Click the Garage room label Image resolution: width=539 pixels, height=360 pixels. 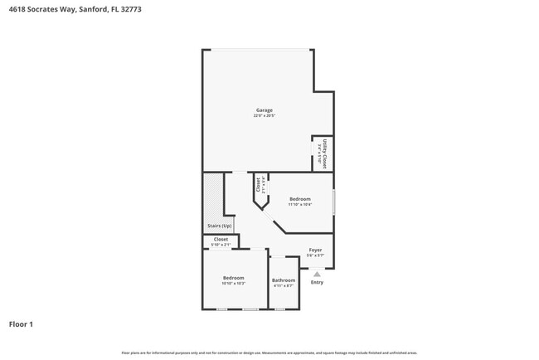pos(264,110)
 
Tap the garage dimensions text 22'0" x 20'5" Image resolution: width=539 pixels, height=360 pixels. pos(264,116)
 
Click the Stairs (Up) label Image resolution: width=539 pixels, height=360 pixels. pos(219,226)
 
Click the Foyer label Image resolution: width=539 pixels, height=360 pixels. pos(315,250)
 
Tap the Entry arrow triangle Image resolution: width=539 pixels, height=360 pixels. pos(317,273)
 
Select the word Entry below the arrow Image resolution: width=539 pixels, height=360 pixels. pos(317,282)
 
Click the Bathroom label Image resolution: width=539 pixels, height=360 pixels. pos(284,280)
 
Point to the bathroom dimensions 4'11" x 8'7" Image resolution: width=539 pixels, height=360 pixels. pos(284,286)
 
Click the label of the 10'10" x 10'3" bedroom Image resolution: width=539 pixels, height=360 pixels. pos(233,278)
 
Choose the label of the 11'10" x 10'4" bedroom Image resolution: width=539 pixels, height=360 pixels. pos(300,199)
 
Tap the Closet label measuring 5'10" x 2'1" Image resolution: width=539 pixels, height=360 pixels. pos(221,240)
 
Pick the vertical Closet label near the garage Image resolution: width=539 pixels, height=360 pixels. pos(259,184)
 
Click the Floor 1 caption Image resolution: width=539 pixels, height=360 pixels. pos(21,324)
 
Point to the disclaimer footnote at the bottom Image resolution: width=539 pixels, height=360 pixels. pos(269,353)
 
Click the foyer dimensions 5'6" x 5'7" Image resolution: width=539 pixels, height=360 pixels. pos(315,255)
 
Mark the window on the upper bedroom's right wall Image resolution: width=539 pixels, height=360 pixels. pos(334,202)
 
